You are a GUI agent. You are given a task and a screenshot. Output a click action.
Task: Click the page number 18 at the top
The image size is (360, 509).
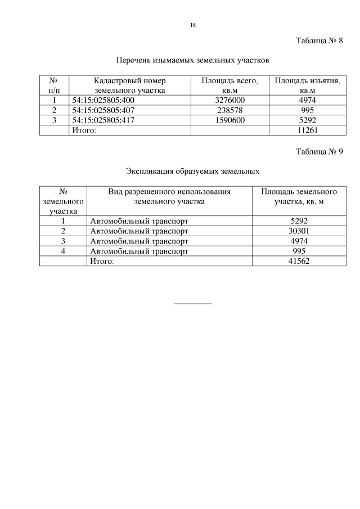click(x=193, y=26)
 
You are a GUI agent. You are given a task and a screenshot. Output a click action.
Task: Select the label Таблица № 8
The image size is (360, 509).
click(x=319, y=41)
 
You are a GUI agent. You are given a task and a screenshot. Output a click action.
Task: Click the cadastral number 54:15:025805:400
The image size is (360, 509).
click(x=104, y=100)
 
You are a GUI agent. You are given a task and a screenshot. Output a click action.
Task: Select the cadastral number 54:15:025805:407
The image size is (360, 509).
click(x=104, y=110)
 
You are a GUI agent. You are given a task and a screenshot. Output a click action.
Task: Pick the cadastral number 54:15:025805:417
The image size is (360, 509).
click(x=104, y=120)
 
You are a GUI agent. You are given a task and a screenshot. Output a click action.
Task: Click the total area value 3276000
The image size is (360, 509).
click(x=230, y=100)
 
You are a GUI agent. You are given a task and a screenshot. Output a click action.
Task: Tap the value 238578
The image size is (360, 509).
click(x=230, y=110)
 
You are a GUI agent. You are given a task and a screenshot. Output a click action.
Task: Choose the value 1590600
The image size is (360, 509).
click(x=230, y=120)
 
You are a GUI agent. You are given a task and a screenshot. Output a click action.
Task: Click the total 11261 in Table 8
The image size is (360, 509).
click(x=307, y=130)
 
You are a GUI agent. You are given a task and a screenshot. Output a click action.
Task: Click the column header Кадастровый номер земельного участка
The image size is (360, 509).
click(x=130, y=85)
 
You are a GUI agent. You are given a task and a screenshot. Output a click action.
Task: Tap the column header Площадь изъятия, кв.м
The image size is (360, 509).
click(x=307, y=85)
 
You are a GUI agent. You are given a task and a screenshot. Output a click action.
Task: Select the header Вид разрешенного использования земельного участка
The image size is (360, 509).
click(x=169, y=196)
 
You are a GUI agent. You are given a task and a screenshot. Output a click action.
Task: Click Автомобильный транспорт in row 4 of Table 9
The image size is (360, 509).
click(x=139, y=251)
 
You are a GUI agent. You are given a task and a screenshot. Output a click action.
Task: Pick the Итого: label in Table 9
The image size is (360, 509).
click(x=102, y=261)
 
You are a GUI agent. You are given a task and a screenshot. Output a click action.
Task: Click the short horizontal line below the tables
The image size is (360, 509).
click(x=193, y=304)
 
